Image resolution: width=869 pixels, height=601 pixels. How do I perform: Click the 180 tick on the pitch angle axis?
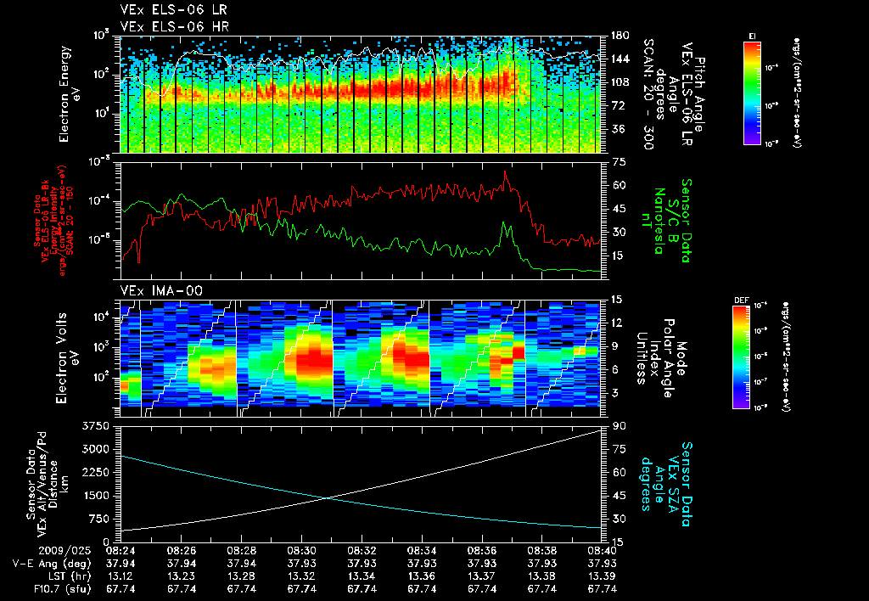click(x=618, y=37)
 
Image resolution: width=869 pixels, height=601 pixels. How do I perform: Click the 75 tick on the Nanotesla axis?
click(x=617, y=161)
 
